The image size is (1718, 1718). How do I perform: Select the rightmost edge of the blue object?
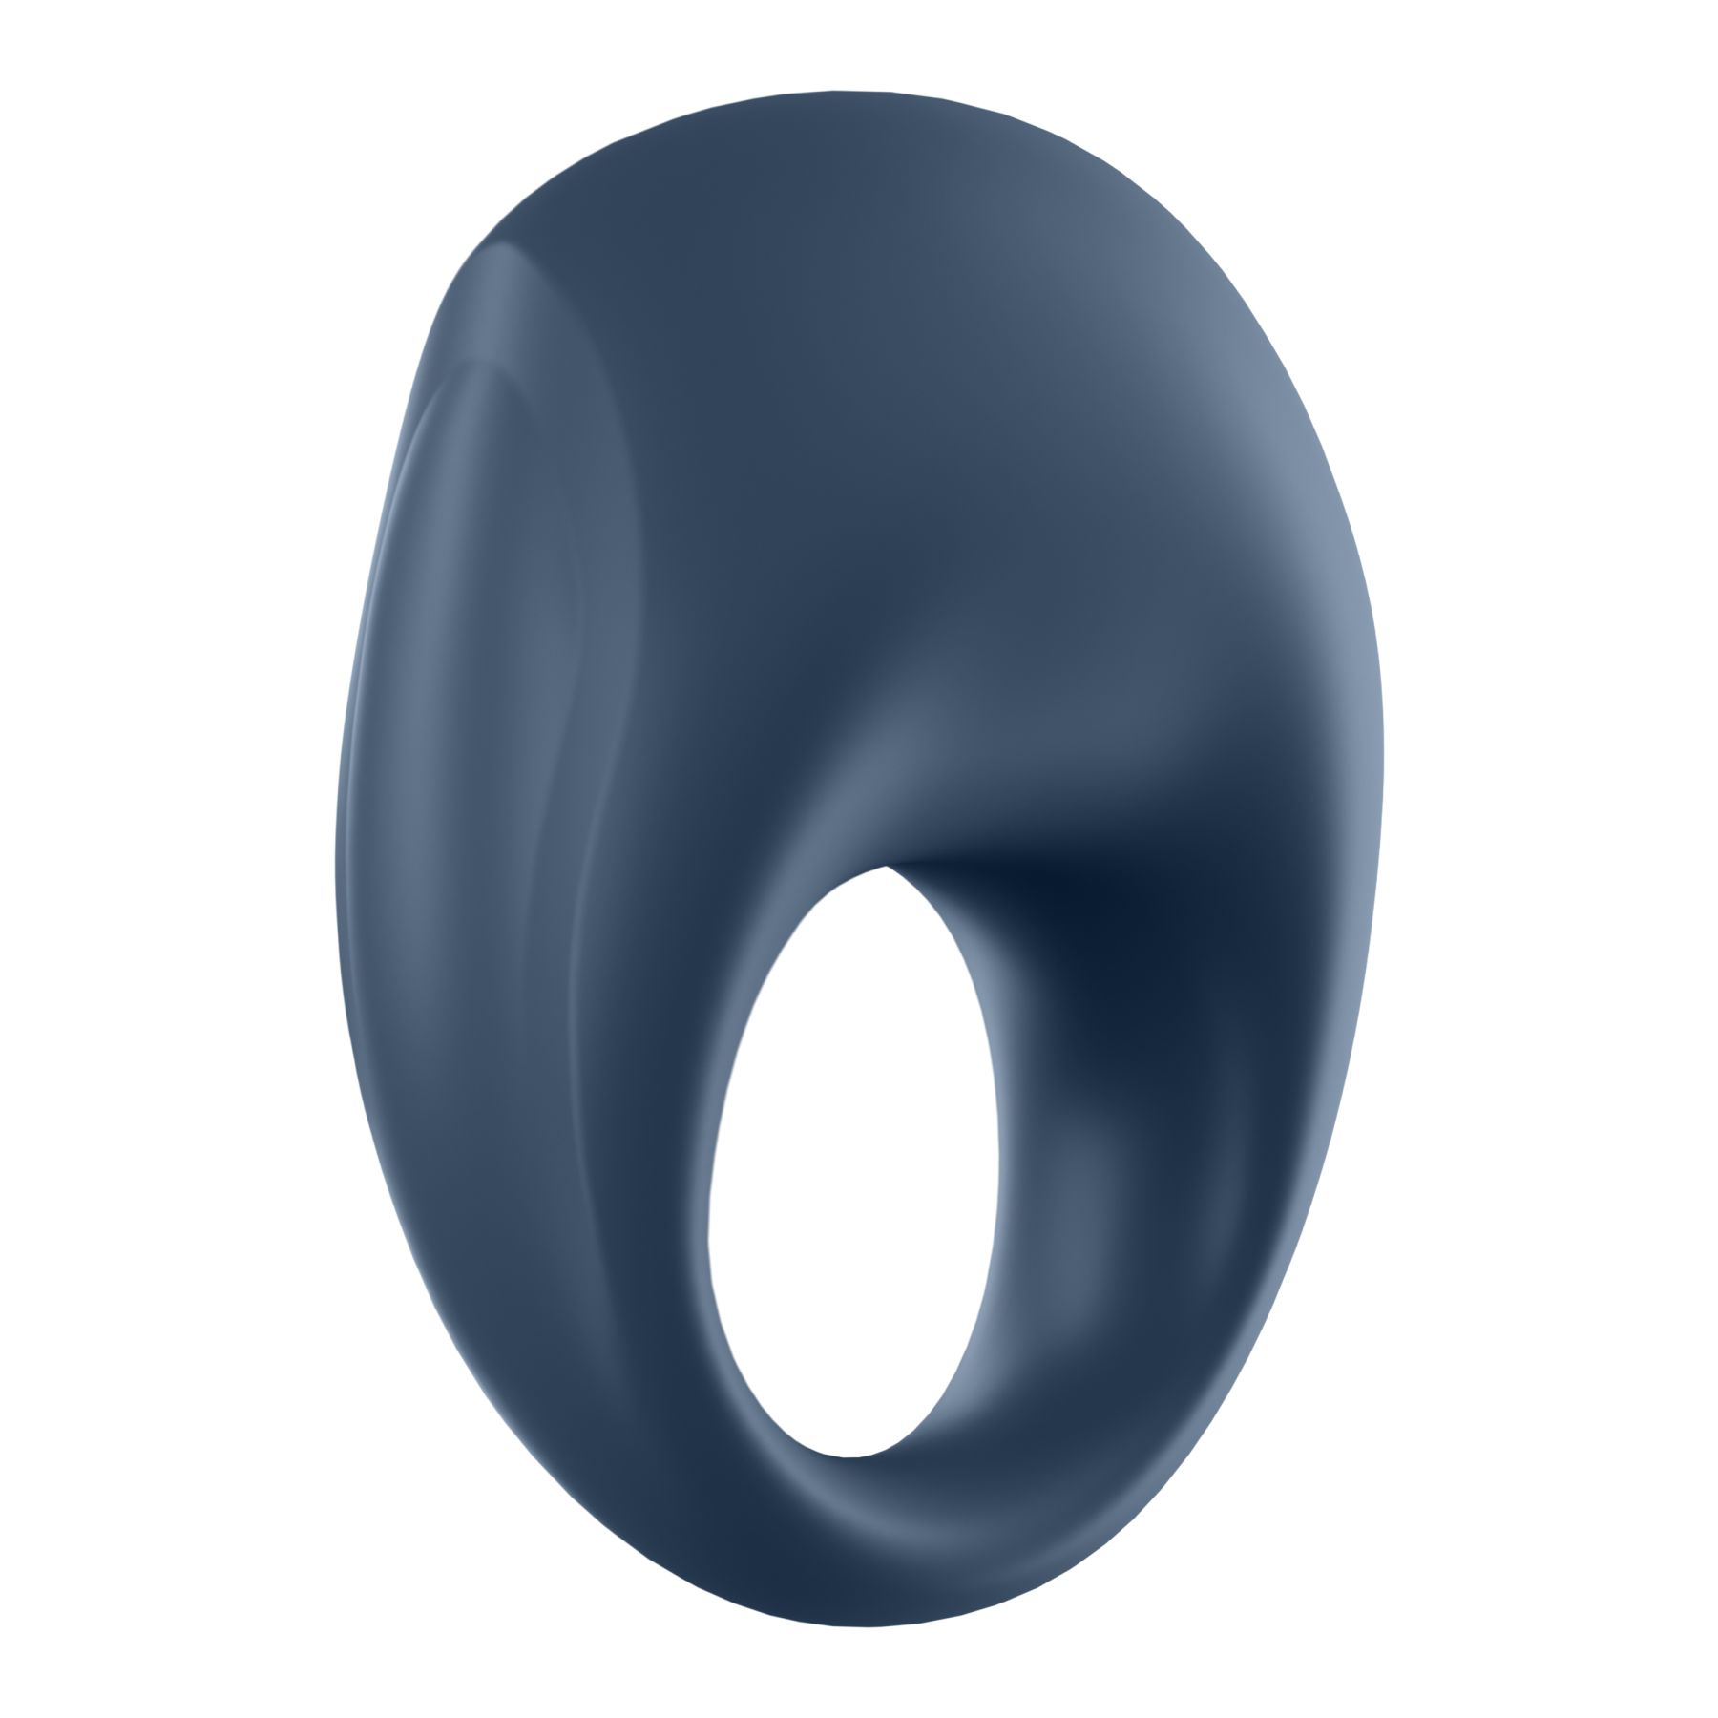[1383, 764]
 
